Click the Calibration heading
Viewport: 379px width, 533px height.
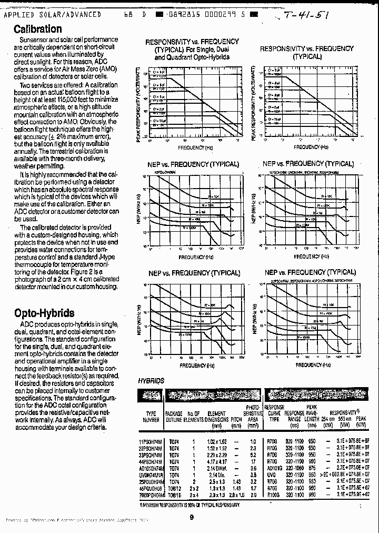click(x=37, y=29)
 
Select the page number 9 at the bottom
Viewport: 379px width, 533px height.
click(x=192, y=517)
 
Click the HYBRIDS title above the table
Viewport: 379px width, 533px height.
click(x=151, y=381)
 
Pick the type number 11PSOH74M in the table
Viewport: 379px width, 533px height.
click(x=152, y=441)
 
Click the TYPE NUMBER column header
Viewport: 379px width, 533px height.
click(x=151, y=417)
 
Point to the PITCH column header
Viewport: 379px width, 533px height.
click(x=236, y=420)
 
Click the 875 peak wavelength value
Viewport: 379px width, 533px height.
click(x=312, y=467)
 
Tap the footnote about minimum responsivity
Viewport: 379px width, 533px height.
click(x=190, y=505)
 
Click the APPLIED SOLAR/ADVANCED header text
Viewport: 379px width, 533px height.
click(x=52, y=15)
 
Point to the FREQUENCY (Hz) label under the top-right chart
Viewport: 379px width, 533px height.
click(x=307, y=147)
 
